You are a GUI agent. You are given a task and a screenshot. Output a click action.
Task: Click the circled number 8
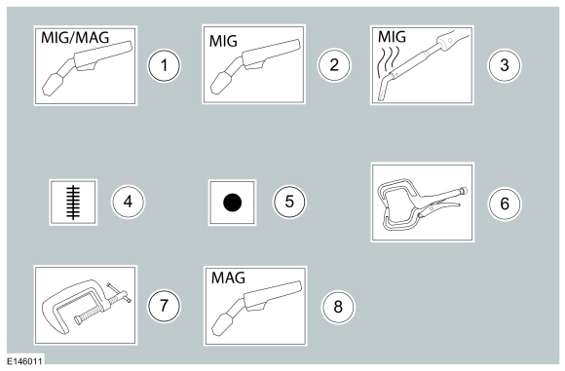click(x=337, y=307)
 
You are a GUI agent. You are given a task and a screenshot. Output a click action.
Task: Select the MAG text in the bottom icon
click(x=229, y=278)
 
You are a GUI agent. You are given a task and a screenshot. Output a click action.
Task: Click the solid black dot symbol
click(x=232, y=203)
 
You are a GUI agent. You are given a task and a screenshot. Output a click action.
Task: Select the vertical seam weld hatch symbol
click(x=72, y=202)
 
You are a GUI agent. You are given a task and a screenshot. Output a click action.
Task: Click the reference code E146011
click(x=24, y=361)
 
